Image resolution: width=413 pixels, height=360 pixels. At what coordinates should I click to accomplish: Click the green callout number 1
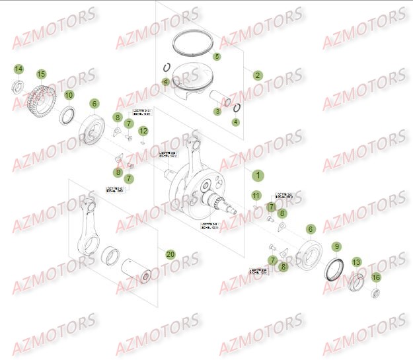pyautogui.click(x=258, y=176)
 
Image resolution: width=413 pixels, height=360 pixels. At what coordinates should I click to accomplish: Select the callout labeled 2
pyautogui.click(x=258, y=75)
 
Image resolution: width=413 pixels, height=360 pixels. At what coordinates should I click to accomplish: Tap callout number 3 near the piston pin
pyautogui.click(x=217, y=112)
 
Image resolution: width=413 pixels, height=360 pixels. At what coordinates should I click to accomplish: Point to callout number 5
pyautogui.click(x=217, y=57)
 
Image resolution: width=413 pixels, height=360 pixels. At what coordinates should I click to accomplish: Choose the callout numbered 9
pyautogui.click(x=336, y=247)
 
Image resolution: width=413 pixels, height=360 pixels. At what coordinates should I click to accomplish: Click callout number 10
pyautogui.click(x=69, y=95)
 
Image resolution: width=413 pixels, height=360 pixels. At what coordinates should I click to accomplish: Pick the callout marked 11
pyautogui.click(x=256, y=196)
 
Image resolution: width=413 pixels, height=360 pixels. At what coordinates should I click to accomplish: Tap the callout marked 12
pyautogui.click(x=143, y=131)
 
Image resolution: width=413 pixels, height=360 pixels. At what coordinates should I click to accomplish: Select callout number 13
pyautogui.click(x=356, y=262)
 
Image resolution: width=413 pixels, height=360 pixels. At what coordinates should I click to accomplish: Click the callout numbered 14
pyautogui.click(x=19, y=69)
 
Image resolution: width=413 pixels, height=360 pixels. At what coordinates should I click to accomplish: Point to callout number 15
pyautogui.click(x=41, y=74)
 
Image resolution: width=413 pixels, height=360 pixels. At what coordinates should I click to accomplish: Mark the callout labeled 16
pyautogui.click(x=376, y=277)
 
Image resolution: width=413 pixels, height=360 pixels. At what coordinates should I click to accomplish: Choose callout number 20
pyautogui.click(x=170, y=254)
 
